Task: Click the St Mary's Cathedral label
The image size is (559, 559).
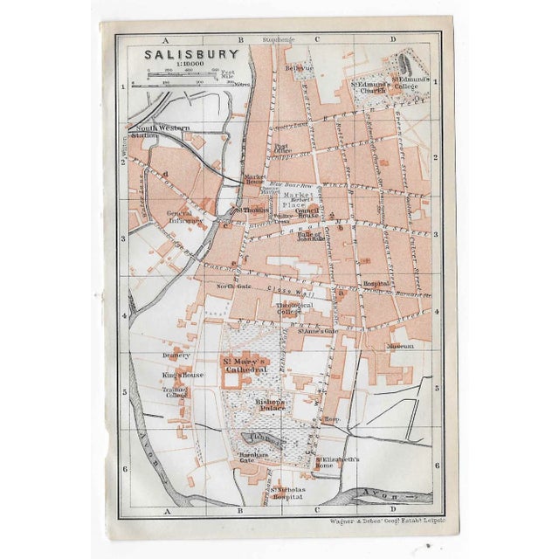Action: point(244,366)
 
